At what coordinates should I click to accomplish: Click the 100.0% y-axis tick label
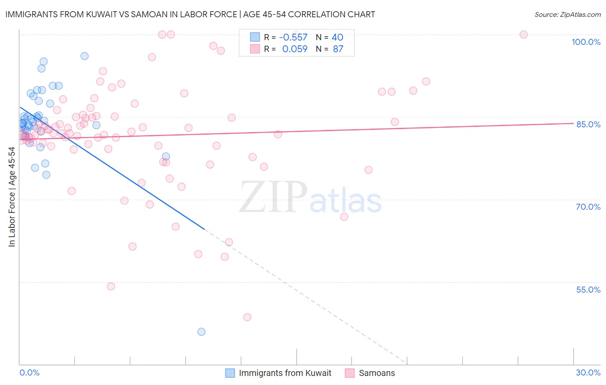pyautogui.click(x=586, y=42)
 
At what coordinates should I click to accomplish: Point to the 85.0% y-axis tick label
pyautogui.click(x=588, y=124)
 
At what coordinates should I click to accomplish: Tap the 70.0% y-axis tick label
pyautogui.click(x=588, y=207)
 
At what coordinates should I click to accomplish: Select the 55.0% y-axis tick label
pyautogui.click(x=588, y=290)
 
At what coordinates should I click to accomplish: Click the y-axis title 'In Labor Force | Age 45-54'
pyautogui.click(x=12, y=197)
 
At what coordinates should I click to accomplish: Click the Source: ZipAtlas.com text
pyautogui.click(x=567, y=15)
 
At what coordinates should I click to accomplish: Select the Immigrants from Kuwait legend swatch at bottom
pyautogui.click(x=230, y=373)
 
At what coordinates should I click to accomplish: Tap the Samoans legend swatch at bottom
pyautogui.click(x=350, y=373)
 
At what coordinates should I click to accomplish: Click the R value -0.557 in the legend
pyautogui.click(x=293, y=38)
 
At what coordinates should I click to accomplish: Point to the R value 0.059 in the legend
pyautogui.click(x=295, y=49)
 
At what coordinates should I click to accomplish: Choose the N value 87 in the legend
pyautogui.click(x=338, y=49)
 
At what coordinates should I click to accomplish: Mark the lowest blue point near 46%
pyautogui.click(x=201, y=332)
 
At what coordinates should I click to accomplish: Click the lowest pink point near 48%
pyautogui.click(x=247, y=317)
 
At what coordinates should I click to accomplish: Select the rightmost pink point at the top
pyautogui.click(x=524, y=35)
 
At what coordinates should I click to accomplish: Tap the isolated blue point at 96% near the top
pyautogui.click(x=84, y=56)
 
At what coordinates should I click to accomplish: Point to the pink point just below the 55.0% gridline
pyautogui.click(x=111, y=287)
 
